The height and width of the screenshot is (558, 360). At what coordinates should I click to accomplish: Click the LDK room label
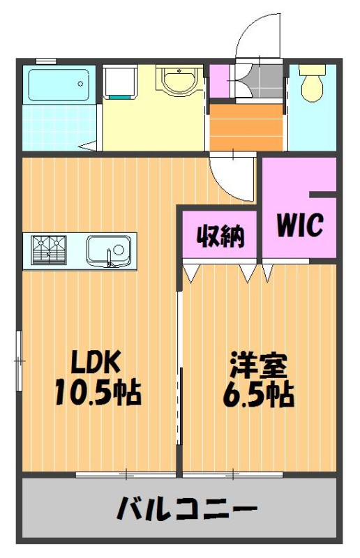click(x=95, y=361)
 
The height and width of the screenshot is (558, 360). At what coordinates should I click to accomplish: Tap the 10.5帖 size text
click(x=98, y=392)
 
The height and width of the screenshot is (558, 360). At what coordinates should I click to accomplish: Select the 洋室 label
click(x=258, y=365)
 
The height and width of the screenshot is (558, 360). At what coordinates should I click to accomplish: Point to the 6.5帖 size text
click(x=259, y=394)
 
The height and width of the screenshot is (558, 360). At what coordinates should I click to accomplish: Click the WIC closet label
click(x=300, y=225)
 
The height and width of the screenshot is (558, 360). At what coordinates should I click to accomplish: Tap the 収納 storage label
click(x=220, y=235)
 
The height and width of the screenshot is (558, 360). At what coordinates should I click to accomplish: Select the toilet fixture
click(x=312, y=82)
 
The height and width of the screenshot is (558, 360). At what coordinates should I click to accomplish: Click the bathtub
click(x=59, y=85)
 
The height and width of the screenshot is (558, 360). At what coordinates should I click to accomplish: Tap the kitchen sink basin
click(x=109, y=250)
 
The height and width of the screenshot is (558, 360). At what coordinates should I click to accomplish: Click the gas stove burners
click(x=49, y=250)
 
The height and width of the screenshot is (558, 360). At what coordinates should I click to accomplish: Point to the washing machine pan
click(x=119, y=82)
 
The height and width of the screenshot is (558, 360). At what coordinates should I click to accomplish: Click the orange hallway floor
click(x=246, y=127)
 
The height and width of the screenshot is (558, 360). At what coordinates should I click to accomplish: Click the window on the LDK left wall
click(x=20, y=361)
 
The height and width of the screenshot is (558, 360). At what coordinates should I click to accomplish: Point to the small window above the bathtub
click(x=46, y=61)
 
